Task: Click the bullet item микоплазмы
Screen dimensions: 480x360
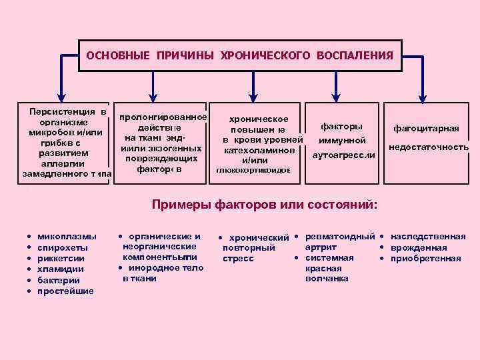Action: click(67, 236)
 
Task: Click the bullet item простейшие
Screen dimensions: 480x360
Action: click(65, 291)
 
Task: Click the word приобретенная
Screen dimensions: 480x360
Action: click(425, 259)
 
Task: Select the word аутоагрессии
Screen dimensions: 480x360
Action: click(344, 155)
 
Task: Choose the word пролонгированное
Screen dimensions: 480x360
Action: click(163, 118)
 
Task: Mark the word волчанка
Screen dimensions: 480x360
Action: click(326, 279)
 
